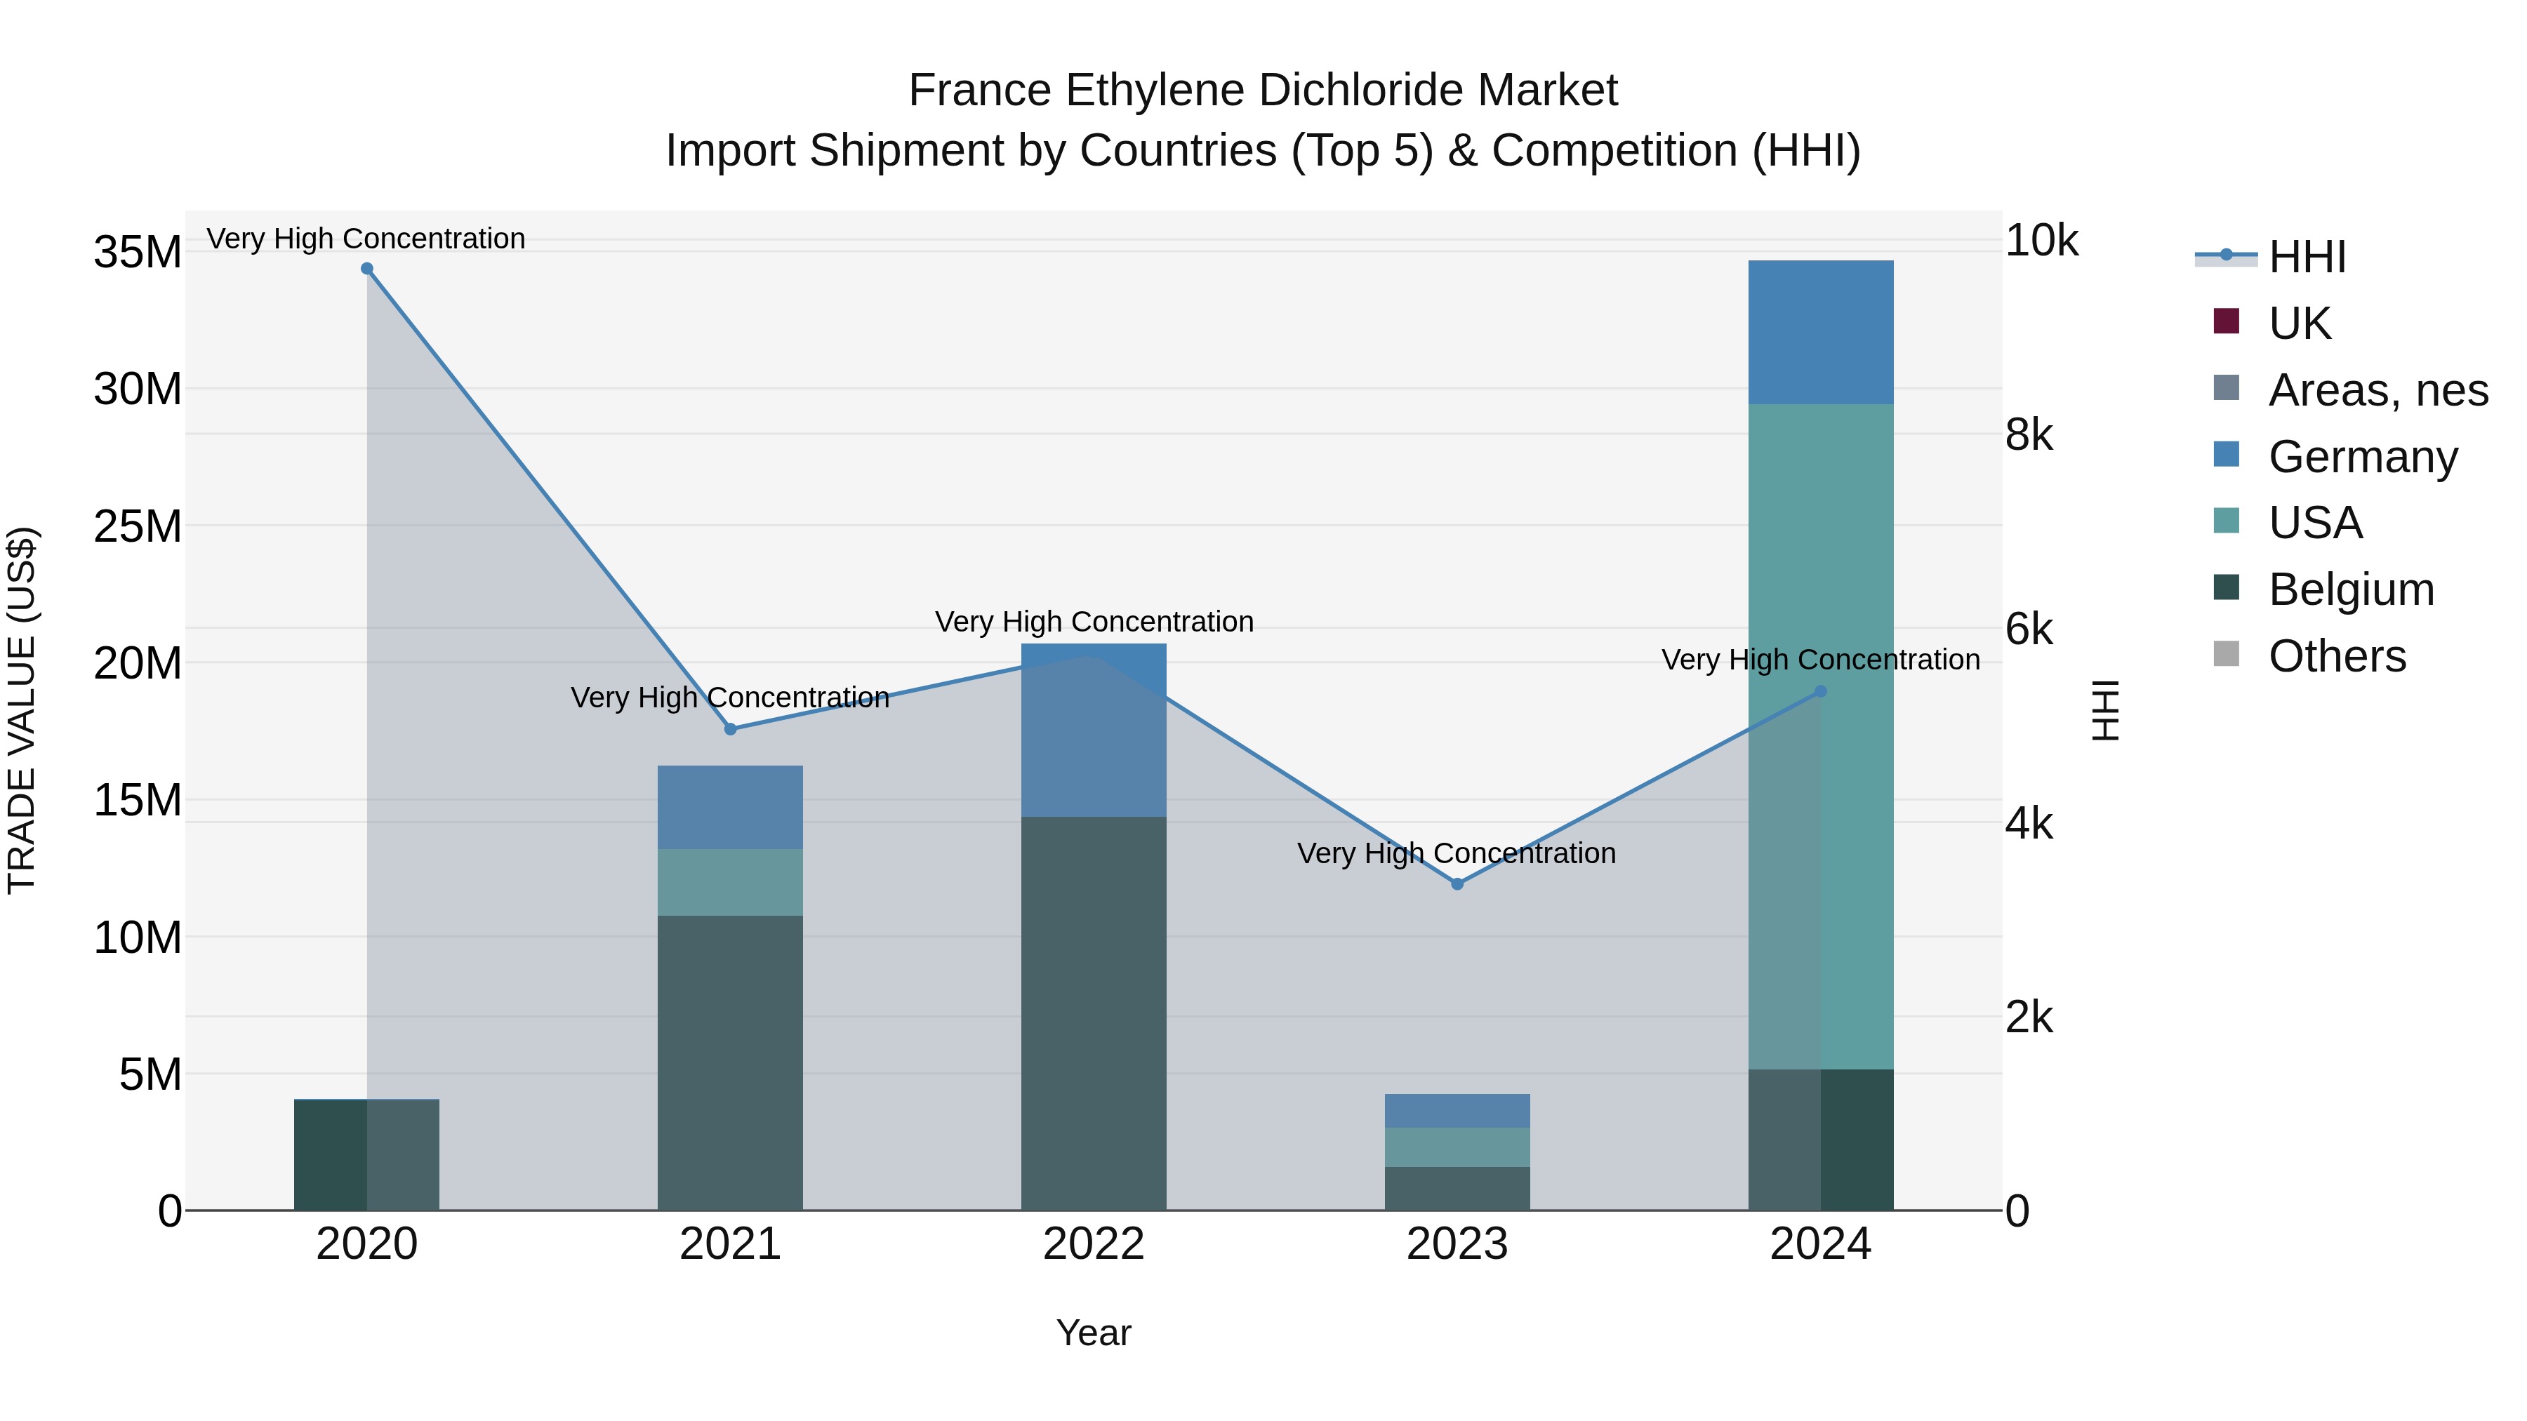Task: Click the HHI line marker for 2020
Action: point(367,269)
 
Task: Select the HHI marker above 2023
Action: point(1457,883)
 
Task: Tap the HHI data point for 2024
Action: point(1821,691)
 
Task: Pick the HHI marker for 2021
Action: point(730,728)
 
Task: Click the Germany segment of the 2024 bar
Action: point(1821,333)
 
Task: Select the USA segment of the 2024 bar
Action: point(1821,735)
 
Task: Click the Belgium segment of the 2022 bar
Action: point(1094,1013)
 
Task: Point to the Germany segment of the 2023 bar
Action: point(1457,1110)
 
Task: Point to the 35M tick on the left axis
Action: point(138,252)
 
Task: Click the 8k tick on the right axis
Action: point(2029,434)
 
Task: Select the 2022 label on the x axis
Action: point(1094,1244)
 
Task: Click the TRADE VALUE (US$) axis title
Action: point(22,710)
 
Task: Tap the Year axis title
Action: point(1094,1333)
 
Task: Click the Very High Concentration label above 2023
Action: point(1457,853)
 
